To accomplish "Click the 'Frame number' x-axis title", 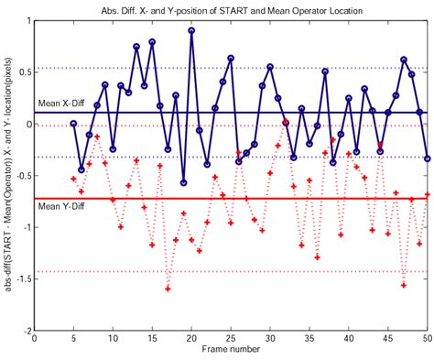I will [231, 351].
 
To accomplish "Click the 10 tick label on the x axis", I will [113, 339].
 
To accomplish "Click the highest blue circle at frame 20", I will [191, 30].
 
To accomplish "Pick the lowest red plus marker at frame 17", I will [168, 289].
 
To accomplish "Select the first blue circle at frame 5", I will [73, 124].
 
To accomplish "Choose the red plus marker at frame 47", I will [404, 284].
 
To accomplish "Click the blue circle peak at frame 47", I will [404, 60].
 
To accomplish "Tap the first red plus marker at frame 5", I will [73, 179].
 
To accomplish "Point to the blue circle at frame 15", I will [152, 42].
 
